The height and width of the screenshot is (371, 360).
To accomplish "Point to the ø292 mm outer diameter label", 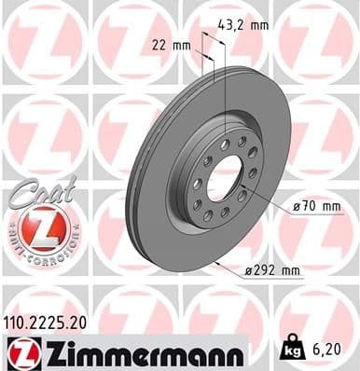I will pos(273,270).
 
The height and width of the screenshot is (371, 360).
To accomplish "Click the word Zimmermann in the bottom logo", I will pos(139,352).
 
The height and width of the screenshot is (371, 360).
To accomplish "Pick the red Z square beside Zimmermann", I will pos(19,352).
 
